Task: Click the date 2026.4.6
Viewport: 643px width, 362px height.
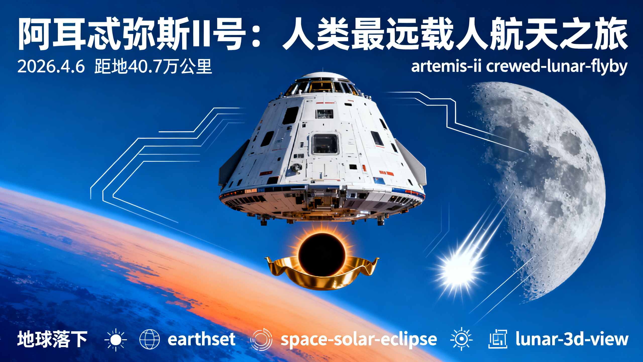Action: pos(51,67)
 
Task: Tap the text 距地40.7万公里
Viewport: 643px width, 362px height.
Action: pos(153,67)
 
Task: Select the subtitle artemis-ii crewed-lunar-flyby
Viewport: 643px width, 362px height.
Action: pos(519,67)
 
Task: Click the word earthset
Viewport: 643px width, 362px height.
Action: pos(201,339)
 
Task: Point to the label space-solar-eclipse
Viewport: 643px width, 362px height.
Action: pos(359,339)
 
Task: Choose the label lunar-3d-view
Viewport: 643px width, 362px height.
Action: pos(572,339)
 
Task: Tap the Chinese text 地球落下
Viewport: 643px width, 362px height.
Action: pos(52,339)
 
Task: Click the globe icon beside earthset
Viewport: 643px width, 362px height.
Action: pos(149,339)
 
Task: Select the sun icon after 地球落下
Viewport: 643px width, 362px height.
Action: pos(116,339)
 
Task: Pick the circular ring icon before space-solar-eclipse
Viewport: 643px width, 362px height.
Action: pos(261,339)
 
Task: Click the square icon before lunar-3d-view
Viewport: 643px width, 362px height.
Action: pos(497,339)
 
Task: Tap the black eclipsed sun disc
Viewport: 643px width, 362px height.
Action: pos(322,254)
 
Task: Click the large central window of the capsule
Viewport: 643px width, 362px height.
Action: pos(325,144)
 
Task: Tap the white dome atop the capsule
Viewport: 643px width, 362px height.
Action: pos(322,76)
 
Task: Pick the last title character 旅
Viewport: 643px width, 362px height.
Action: pos(610,34)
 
